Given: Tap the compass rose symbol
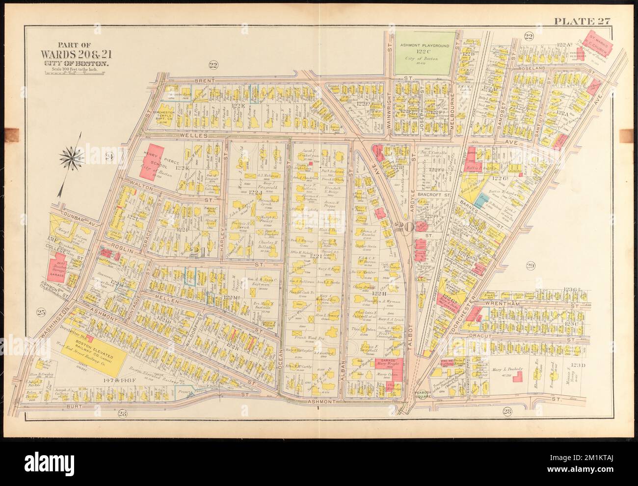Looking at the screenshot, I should (x=72, y=157).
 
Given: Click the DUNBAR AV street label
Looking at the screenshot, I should (x=69, y=215).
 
